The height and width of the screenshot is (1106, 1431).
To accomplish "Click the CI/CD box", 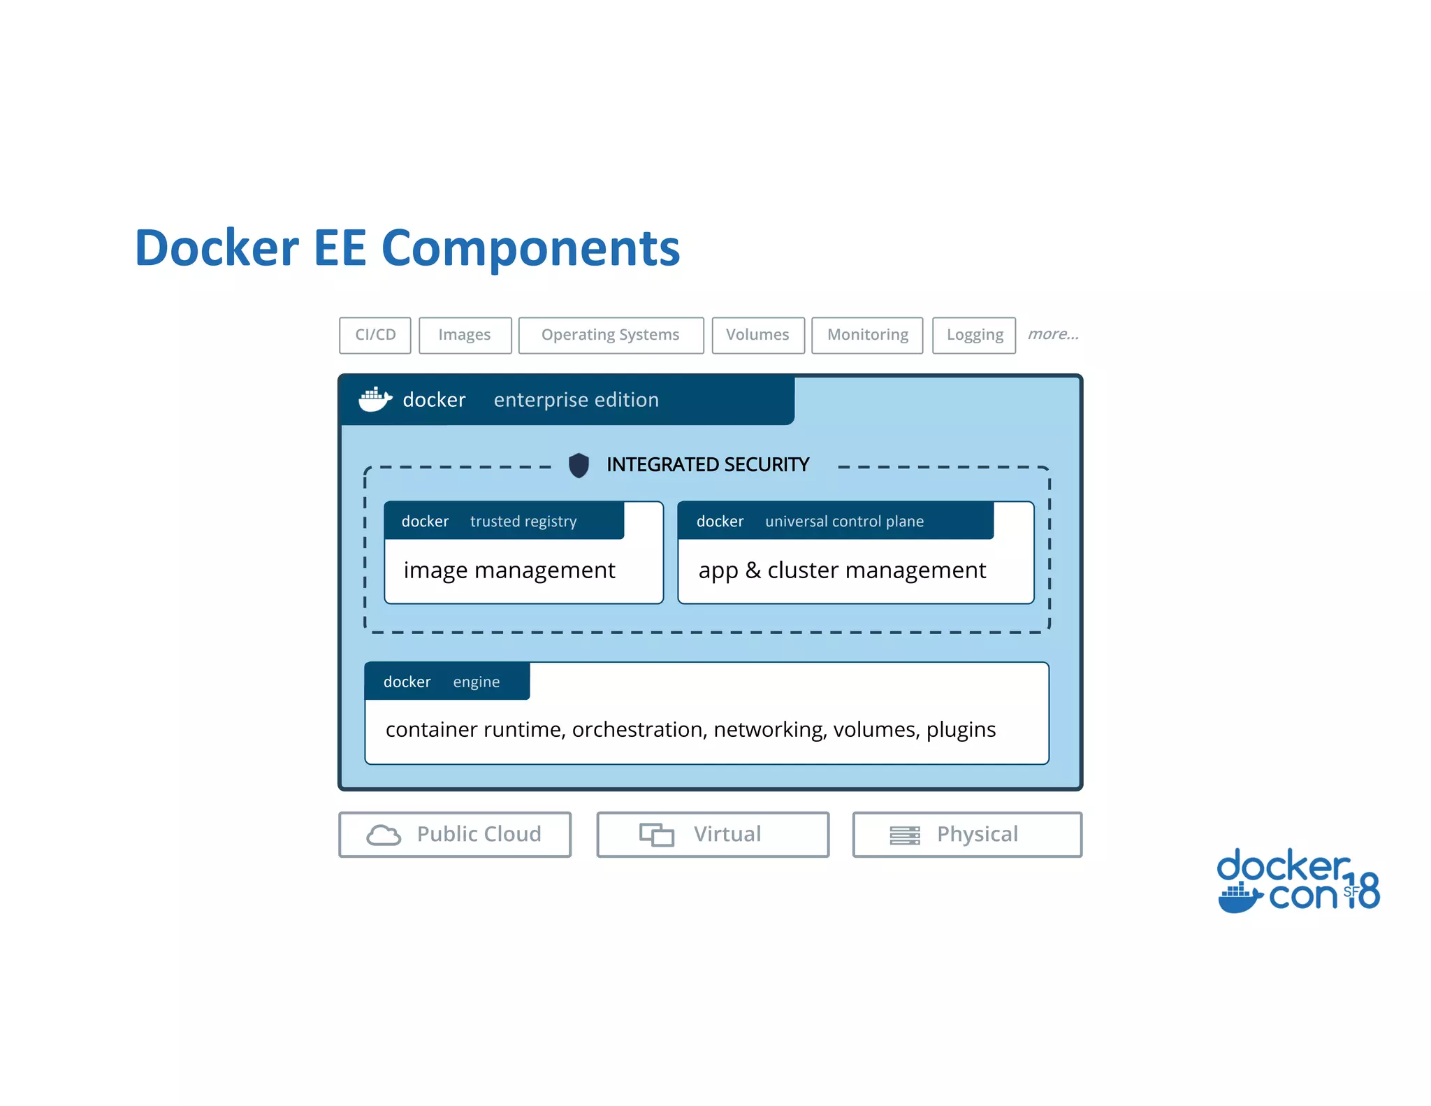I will point(375,335).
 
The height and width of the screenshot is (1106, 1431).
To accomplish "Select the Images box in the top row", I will point(465,335).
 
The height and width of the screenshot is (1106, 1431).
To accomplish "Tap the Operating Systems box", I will point(611,335).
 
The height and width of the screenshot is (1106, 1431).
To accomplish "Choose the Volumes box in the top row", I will point(757,335).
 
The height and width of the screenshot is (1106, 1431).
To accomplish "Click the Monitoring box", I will point(867,335).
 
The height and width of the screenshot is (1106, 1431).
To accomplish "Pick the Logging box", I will point(974,335).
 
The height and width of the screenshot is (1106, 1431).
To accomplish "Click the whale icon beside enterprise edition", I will point(375,399).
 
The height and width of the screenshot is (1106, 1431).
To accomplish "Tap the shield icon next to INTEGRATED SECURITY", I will point(579,465).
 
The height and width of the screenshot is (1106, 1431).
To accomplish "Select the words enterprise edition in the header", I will point(576,400).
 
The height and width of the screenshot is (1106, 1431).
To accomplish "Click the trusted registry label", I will point(523,522).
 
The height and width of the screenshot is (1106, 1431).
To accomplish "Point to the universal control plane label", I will point(844,522).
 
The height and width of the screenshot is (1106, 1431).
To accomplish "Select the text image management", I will point(509,570).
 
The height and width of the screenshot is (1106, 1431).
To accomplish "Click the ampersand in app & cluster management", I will point(753,570).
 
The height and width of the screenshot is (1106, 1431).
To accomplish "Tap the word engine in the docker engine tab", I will point(476,682).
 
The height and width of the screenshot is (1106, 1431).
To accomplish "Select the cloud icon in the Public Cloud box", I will point(384,835).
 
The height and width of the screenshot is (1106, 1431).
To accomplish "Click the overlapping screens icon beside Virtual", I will point(657,835).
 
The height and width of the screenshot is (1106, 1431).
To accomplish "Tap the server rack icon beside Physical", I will point(904,835).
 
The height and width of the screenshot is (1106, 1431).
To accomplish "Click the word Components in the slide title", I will point(531,248).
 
